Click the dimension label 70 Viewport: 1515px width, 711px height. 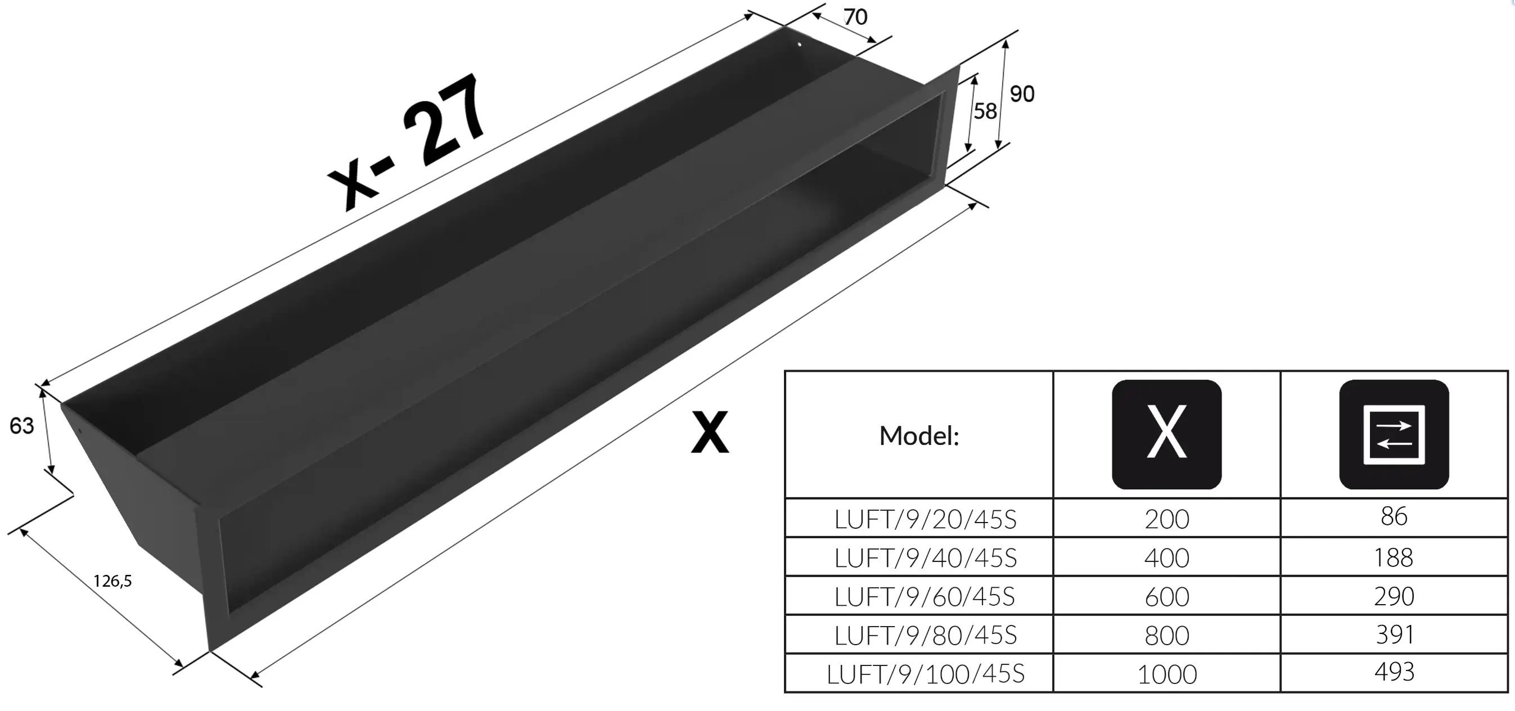point(855,17)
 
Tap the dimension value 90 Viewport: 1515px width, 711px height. point(1022,94)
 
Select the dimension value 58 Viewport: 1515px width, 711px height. point(985,111)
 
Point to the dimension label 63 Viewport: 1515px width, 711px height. point(22,426)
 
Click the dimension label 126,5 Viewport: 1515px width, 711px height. point(112,581)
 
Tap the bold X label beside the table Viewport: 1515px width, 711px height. point(710,432)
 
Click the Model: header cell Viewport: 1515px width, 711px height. point(919,436)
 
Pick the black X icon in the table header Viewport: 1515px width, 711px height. point(1167,434)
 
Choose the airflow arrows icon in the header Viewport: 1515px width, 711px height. point(1394,434)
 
